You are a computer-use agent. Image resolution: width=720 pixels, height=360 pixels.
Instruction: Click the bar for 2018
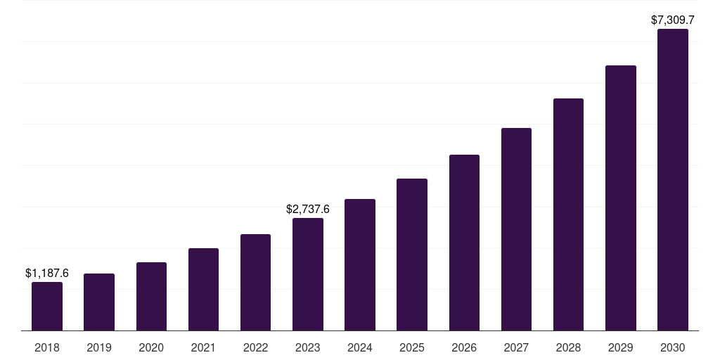point(47,307)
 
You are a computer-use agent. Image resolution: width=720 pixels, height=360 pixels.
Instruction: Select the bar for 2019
point(99,302)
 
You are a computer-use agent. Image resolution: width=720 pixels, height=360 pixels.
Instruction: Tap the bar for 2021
point(203,290)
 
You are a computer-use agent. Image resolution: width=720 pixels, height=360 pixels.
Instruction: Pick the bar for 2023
point(308,274)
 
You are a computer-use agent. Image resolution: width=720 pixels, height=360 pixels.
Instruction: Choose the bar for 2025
point(412,255)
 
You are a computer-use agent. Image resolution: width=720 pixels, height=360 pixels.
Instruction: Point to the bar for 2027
point(516,229)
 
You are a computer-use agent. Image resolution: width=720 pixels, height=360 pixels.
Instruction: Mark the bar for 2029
point(621,198)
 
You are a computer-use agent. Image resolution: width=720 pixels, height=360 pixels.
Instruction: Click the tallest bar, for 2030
point(673,180)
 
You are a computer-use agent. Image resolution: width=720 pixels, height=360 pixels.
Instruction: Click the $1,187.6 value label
point(47,273)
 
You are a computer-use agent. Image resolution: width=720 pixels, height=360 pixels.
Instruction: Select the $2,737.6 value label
point(308,209)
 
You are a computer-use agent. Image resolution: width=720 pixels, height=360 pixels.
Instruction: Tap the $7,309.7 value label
point(673,20)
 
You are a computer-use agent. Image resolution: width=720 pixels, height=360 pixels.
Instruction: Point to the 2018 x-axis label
point(47,347)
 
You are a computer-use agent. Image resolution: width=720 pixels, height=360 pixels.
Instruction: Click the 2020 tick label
point(151,347)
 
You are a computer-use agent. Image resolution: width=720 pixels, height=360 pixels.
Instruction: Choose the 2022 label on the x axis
point(255,347)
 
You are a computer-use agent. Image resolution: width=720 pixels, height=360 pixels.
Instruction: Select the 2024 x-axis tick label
point(360,347)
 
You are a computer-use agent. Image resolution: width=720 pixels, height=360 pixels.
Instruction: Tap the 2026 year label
point(464,347)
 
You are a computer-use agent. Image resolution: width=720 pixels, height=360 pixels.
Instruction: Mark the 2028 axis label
point(568,347)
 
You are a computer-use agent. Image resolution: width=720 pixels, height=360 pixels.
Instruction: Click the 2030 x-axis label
point(673,347)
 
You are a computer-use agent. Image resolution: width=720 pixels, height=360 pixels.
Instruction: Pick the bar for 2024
point(360,265)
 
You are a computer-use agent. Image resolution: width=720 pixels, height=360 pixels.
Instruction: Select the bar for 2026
point(464,243)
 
